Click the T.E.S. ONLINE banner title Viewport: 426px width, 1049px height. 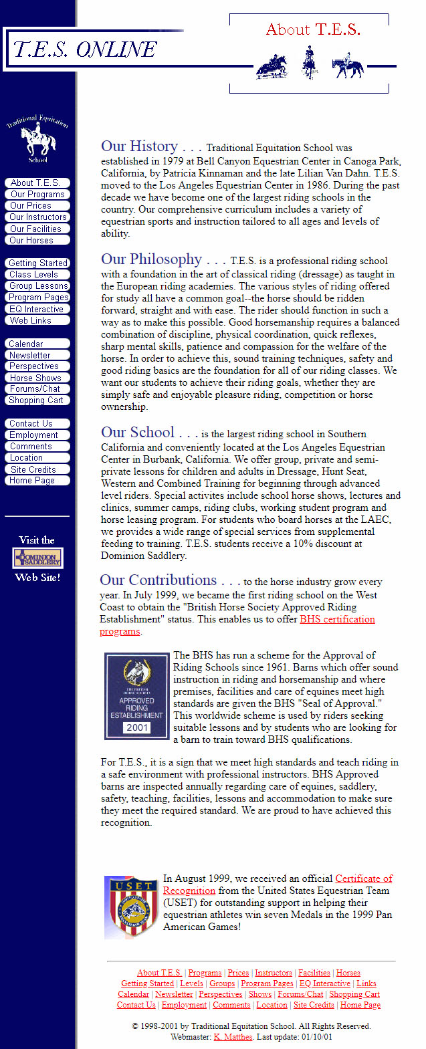[x=85, y=49]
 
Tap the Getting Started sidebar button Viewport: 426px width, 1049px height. [x=38, y=263]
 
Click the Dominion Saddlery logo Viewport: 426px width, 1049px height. [x=38, y=558]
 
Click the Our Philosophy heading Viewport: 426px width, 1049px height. [x=151, y=259]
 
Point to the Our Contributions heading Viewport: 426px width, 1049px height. [x=158, y=580]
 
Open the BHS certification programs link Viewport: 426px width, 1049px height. [x=337, y=619]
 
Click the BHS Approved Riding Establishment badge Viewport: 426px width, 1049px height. [x=136, y=696]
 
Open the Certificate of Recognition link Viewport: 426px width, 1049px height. [x=363, y=879]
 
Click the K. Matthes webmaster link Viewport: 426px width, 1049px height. [x=233, y=1037]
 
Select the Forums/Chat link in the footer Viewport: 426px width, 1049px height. [x=300, y=994]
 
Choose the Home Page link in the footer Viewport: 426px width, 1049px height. [x=360, y=1005]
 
